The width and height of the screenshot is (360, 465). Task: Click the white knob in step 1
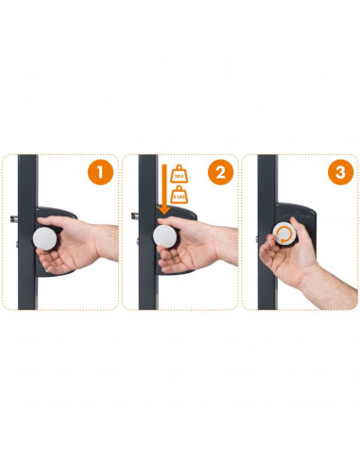click(43, 236)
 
